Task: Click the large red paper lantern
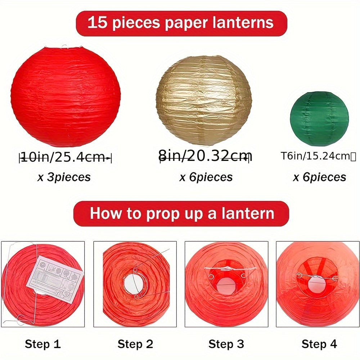click(x=66, y=96)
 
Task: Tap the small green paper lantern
click(x=319, y=114)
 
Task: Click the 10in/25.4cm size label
click(x=65, y=157)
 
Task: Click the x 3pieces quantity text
click(x=64, y=177)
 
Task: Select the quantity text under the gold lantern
click(x=206, y=177)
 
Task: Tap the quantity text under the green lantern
click(x=320, y=177)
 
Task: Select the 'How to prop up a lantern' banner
click(x=181, y=213)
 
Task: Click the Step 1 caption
click(x=42, y=344)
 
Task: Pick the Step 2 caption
click(x=135, y=344)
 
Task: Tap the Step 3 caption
click(x=226, y=344)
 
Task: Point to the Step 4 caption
click(x=319, y=344)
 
